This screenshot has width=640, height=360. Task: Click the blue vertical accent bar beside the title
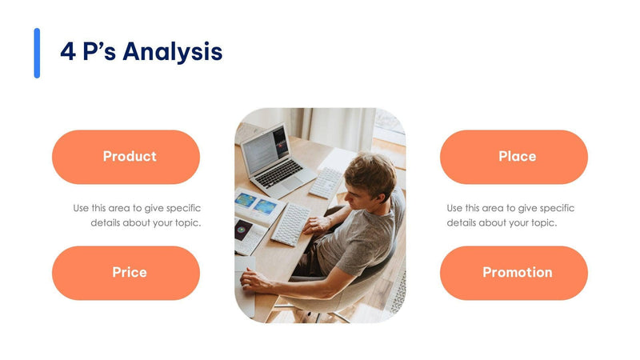37,53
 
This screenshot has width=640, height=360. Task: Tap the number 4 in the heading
68,52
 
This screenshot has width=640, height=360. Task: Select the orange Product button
126,157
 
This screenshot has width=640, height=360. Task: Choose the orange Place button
514,157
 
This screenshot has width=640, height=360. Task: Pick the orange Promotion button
514,273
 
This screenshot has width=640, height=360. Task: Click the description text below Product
137,215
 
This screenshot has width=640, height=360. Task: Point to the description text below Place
510,215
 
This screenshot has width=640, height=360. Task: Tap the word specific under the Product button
183,208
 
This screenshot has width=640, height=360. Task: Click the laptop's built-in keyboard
281,173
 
